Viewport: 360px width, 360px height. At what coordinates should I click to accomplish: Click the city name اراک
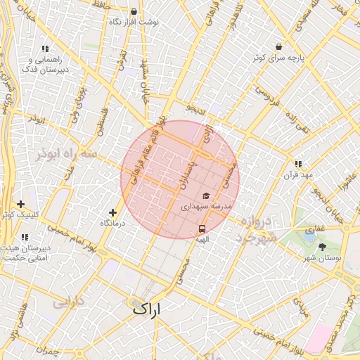[146, 308]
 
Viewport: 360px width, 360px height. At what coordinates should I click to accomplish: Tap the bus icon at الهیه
[202, 229]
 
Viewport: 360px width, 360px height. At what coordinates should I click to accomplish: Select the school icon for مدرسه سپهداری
[206, 196]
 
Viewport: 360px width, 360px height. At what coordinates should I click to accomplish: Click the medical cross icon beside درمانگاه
[112, 212]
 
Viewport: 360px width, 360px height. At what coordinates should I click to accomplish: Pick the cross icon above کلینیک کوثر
[20, 204]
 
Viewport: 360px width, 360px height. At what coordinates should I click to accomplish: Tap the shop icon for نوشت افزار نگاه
[134, 11]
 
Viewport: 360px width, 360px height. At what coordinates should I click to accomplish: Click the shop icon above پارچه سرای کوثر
[279, 47]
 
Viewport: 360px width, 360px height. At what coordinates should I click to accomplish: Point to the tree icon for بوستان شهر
[322, 247]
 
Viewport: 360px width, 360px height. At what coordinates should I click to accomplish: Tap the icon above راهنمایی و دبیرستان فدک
[45, 49]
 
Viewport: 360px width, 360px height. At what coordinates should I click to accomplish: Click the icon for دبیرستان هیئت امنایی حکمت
[25, 237]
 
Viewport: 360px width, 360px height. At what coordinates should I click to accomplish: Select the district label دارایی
[67, 303]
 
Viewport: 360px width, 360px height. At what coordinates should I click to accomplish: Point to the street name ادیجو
[195, 110]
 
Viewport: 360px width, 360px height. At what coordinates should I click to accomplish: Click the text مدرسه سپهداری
[206, 207]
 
